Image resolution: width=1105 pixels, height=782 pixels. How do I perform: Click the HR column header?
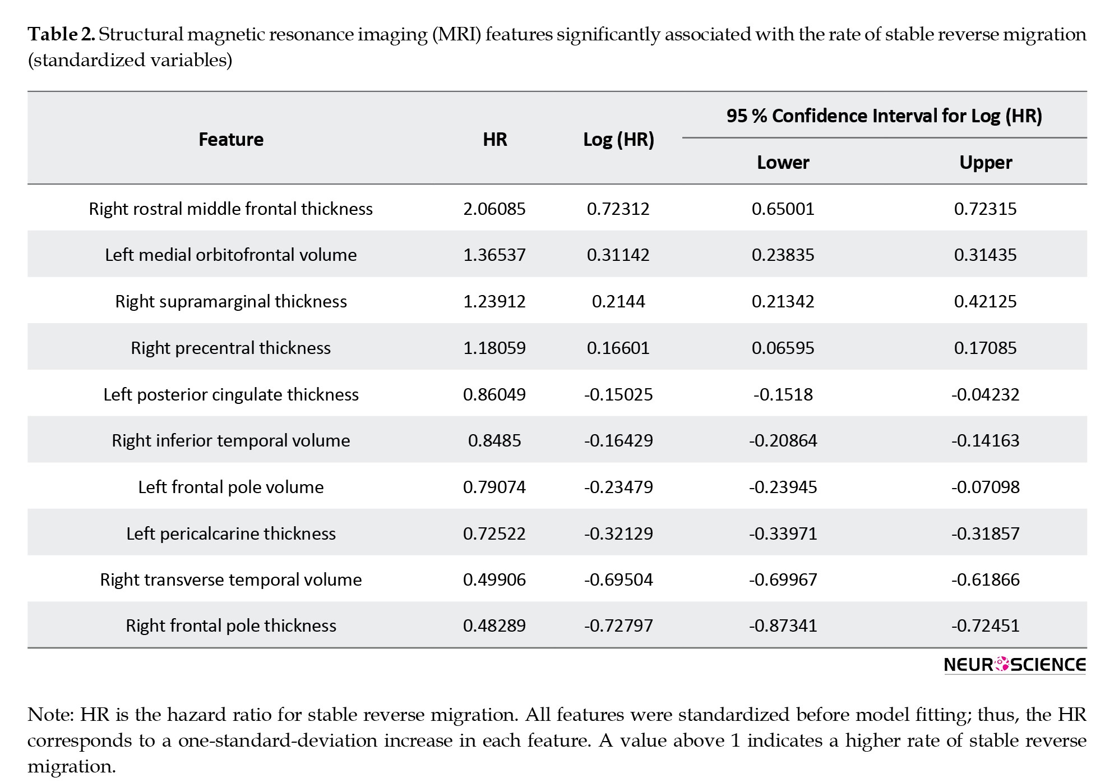click(494, 139)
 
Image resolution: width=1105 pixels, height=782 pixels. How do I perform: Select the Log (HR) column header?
click(618, 140)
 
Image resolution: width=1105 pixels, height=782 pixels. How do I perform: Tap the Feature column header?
click(231, 139)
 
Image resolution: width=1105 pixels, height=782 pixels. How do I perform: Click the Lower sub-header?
click(783, 163)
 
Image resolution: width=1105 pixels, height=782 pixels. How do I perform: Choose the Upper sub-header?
click(985, 163)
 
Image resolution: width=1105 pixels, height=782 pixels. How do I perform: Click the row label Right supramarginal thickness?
click(231, 302)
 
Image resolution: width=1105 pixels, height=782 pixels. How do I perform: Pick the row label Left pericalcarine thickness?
click(231, 533)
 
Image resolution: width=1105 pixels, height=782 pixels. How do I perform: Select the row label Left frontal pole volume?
click(231, 487)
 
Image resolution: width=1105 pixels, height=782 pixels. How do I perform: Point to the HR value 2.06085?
click(494, 209)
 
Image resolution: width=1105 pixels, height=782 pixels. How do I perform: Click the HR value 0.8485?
click(494, 441)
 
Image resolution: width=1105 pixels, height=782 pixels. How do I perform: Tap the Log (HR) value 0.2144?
click(618, 302)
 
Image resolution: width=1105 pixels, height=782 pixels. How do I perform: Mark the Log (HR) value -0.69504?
click(618, 579)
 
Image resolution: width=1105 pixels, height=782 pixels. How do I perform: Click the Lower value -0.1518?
click(783, 394)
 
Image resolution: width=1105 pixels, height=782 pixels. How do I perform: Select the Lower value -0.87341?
click(783, 625)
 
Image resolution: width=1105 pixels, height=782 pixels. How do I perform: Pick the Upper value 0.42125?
click(985, 302)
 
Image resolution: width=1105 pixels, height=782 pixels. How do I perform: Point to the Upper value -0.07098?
click(985, 487)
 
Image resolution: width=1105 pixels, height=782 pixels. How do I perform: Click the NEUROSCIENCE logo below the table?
click(1015, 665)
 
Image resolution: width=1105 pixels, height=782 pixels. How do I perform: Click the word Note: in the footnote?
click(50, 715)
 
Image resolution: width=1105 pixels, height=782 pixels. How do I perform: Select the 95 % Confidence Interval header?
click(884, 116)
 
